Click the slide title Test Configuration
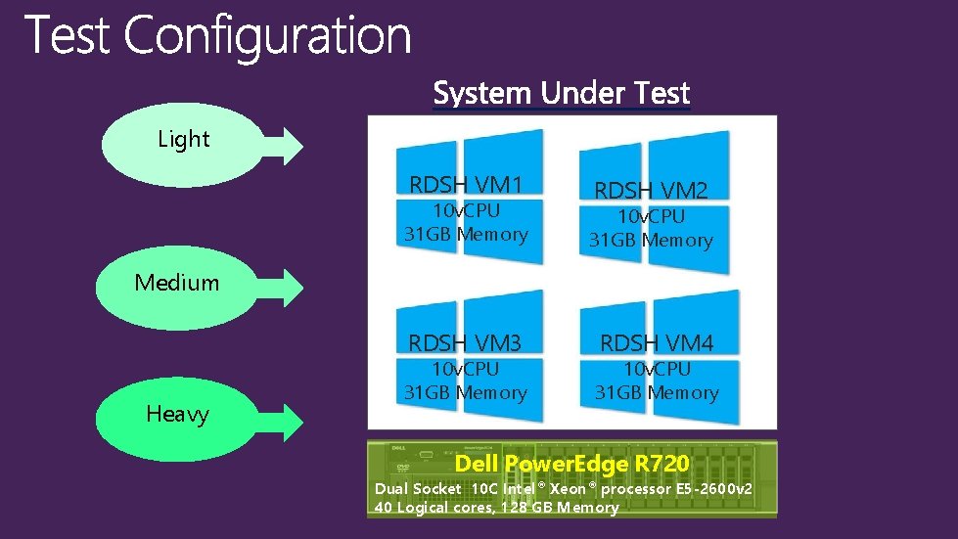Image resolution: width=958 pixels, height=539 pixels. pos(217,37)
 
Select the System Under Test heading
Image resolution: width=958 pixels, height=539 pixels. pos(561,94)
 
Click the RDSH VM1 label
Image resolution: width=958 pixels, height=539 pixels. pos(466,184)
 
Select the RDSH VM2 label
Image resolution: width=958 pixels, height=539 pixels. pos(651,190)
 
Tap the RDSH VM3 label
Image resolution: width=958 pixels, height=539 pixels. pos(465,342)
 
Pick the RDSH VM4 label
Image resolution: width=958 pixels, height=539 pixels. pos(657,342)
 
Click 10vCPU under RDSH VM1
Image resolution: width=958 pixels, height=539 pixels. pos(466,210)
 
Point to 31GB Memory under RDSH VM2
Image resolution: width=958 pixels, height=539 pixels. pos(651,241)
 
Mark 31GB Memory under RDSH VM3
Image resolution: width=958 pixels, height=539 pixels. pos(466,393)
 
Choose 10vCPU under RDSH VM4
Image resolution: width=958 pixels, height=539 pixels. pos(657,369)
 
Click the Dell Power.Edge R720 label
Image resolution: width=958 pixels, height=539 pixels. pos(572,464)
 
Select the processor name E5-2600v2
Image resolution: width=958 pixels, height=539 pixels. pos(711,488)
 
